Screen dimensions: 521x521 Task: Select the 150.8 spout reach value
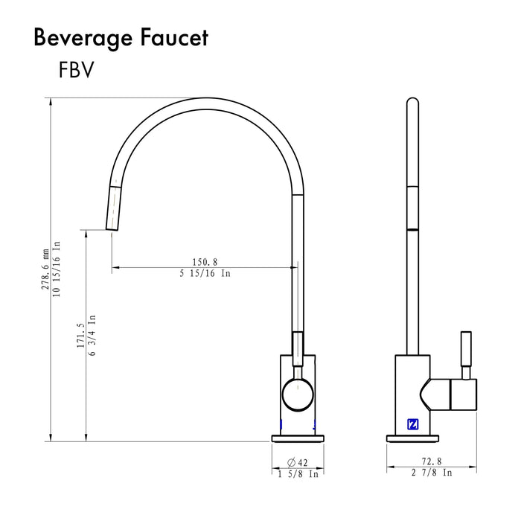(205, 262)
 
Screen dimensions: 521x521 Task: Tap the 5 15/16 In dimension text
(205, 273)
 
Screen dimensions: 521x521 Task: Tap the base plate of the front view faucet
(298, 437)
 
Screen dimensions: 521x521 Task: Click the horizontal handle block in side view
(454, 395)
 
